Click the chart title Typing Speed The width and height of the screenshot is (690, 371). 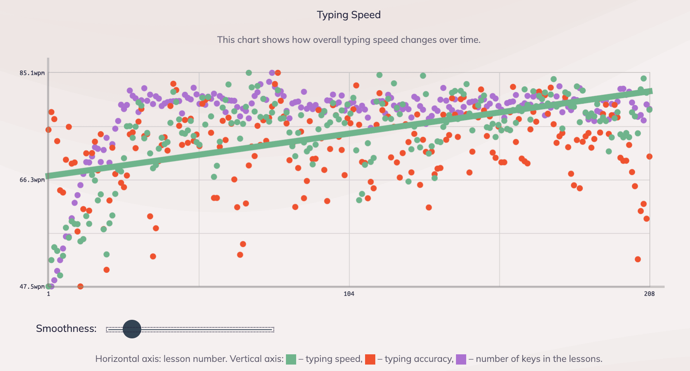(348, 15)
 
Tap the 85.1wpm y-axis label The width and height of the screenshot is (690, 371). (32, 73)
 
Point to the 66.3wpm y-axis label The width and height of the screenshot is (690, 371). (32, 180)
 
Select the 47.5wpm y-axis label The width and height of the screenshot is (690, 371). (32, 286)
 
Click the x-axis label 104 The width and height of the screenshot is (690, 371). (349, 294)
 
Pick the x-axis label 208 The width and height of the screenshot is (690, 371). (649, 294)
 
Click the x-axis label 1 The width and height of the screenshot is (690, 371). (48, 294)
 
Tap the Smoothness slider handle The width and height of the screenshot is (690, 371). (132, 329)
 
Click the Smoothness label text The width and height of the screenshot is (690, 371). (66, 329)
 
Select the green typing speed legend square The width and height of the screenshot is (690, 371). (291, 359)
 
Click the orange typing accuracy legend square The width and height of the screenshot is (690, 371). (370, 359)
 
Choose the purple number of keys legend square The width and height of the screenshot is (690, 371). (461, 359)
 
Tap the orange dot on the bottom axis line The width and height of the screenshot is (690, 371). (80, 286)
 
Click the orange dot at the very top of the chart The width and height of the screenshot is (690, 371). (278, 73)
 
